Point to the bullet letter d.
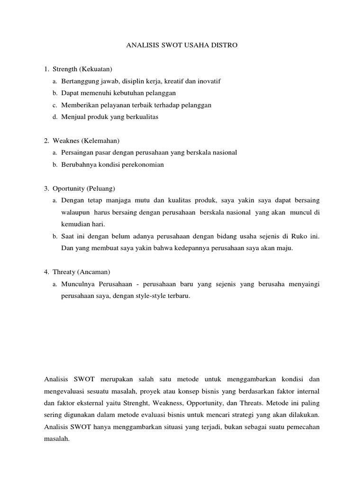click(x=55, y=117)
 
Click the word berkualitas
click(x=141, y=117)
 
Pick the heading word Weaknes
click(x=65, y=141)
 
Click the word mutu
click(x=144, y=200)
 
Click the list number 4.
click(x=46, y=272)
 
